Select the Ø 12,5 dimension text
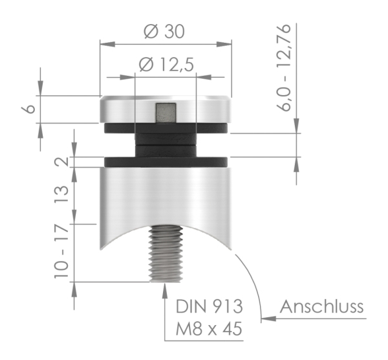(x=166, y=64)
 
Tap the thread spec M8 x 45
(x=209, y=330)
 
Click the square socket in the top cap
(x=165, y=113)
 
